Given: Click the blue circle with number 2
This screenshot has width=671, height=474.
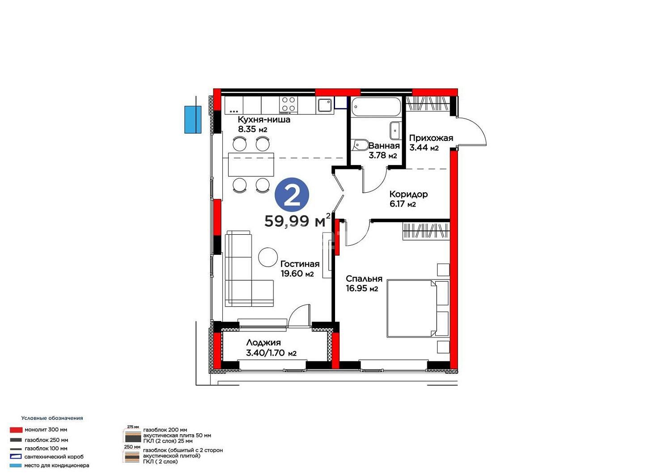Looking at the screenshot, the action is coord(292,195).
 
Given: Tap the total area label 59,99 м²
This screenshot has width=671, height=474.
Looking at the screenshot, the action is coord(297,221).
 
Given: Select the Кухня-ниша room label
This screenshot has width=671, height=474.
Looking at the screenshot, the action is coord(264,120).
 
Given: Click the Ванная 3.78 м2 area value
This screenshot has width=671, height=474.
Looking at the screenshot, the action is coord(382,156).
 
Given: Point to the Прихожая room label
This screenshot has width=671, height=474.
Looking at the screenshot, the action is coord(431,138).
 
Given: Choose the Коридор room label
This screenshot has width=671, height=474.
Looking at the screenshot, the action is coord(408,195).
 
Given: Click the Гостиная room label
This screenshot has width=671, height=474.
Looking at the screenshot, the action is coord(300,264).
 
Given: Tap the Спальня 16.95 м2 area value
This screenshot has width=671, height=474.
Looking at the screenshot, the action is coord(361,289).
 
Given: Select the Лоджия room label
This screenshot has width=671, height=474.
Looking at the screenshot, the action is coord(263,343).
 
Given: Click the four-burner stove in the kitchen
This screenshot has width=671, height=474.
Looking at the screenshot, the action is coord(289,105).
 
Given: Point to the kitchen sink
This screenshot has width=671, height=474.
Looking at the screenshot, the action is coord(325,105).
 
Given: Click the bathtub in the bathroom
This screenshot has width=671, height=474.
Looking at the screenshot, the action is coord(376,106).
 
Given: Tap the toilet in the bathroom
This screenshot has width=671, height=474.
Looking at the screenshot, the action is coord(360,145).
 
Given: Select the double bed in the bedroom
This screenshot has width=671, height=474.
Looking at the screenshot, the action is coord(418,309).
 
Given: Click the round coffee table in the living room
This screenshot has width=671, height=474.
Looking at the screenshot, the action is coord(268,257).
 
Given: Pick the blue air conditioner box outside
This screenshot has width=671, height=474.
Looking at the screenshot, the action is coord(193,119).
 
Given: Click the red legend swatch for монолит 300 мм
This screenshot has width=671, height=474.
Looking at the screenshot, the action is coord(16,430).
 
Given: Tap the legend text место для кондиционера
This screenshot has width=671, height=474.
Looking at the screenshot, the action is coord(57,466).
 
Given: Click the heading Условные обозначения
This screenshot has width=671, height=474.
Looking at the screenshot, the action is coord(52,418).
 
